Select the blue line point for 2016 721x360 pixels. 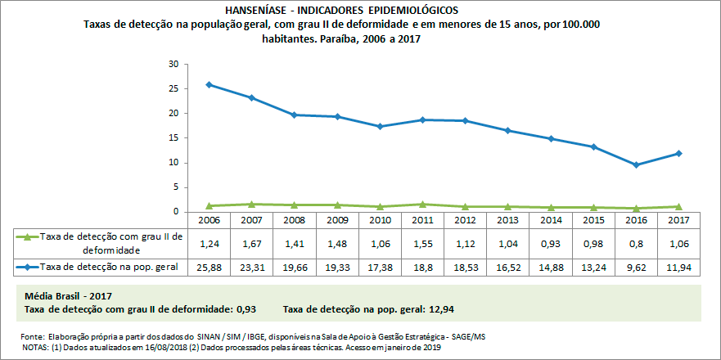[x=637, y=164]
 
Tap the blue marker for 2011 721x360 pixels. [x=423, y=119]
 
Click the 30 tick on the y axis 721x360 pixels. [x=173, y=64]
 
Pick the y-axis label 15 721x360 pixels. [x=173, y=137]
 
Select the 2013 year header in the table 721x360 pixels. [x=508, y=221]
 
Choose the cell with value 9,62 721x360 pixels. [x=636, y=267]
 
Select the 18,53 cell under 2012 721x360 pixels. [x=466, y=267]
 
